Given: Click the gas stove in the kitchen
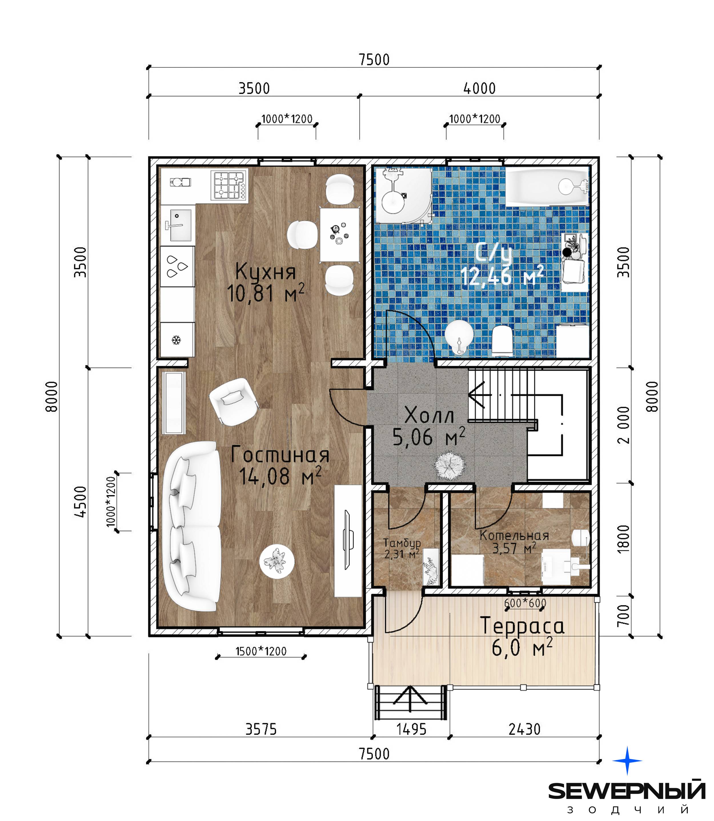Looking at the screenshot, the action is [x=229, y=185].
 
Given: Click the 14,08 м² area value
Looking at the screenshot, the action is [x=280, y=476].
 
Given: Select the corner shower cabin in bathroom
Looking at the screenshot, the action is [x=404, y=195].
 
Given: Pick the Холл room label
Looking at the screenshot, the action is [x=429, y=415].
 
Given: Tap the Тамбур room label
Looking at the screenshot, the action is [x=402, y=542].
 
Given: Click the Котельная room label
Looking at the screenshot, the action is [x=514, y=536].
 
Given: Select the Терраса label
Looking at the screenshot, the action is [x=522, y=626].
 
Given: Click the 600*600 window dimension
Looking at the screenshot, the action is [x=525, y=603].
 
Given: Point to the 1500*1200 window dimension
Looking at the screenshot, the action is [x=261, y=651].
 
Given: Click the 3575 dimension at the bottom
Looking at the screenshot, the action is [x=261, y=729].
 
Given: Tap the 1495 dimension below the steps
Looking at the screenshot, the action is [x=411, y=729].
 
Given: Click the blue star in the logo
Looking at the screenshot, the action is [x=627, y=760].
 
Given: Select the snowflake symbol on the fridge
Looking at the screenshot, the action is [x=176, y=340].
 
